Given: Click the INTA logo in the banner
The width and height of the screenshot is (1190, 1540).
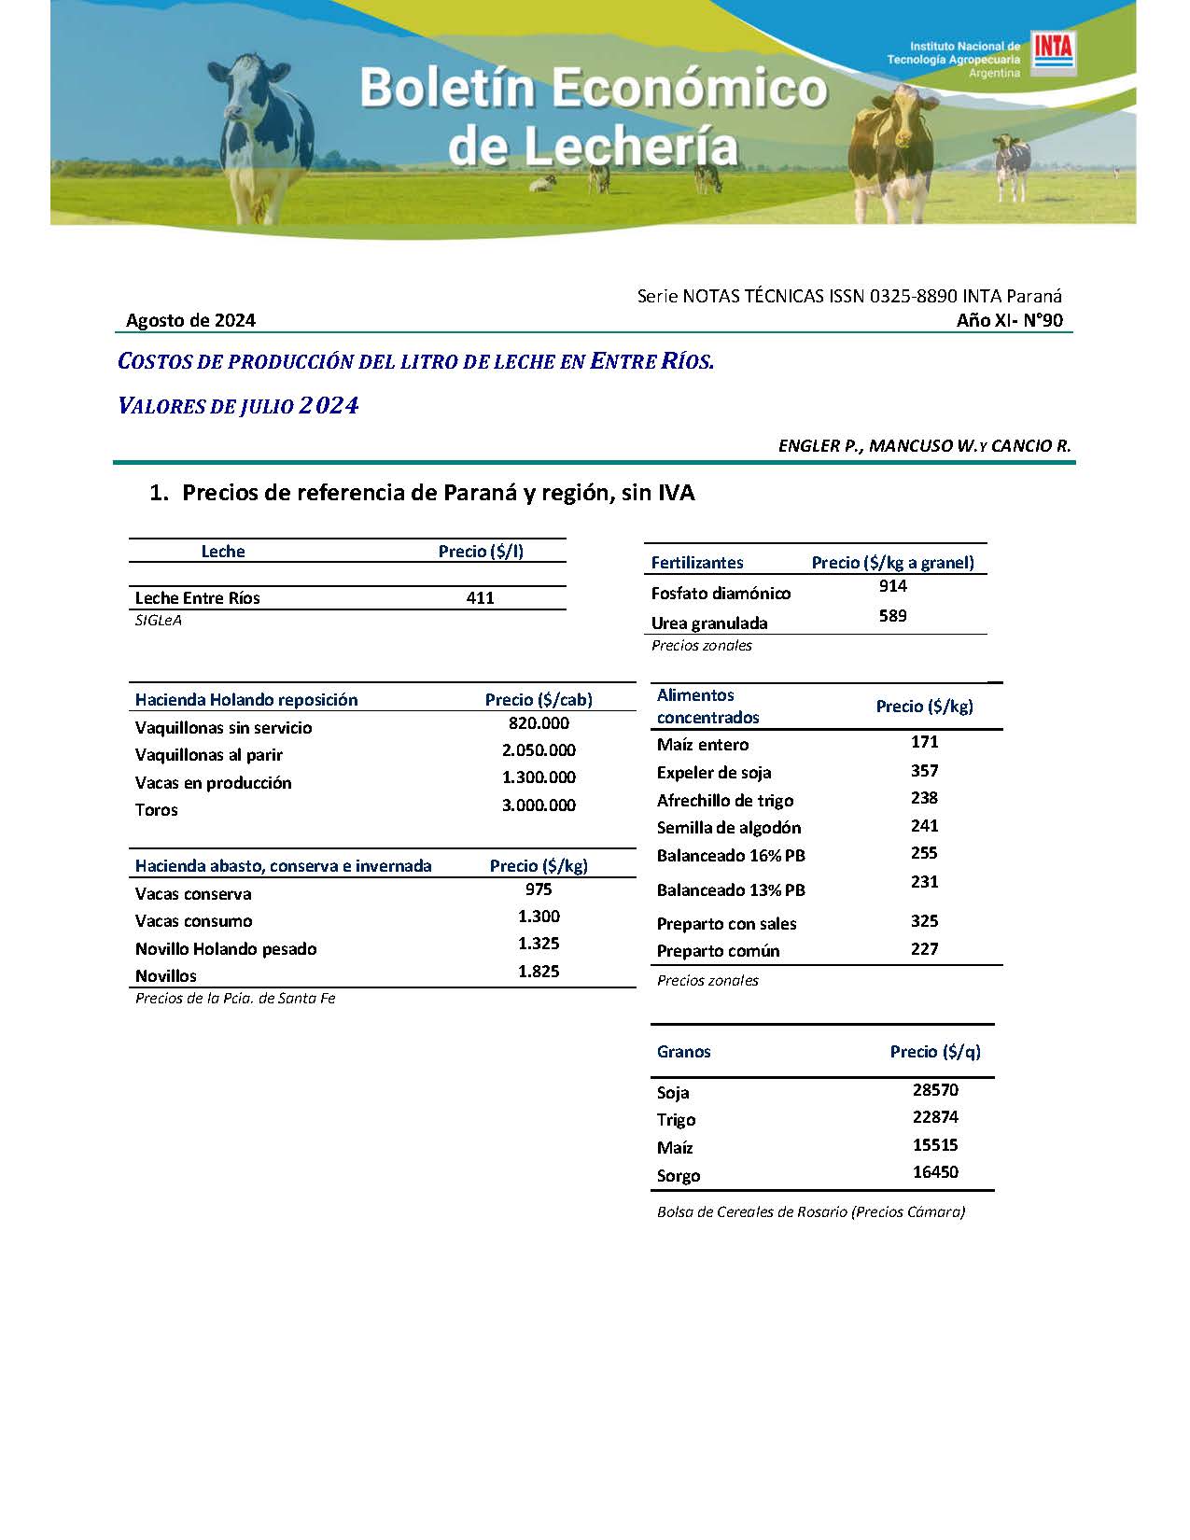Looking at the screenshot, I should [1053, 53].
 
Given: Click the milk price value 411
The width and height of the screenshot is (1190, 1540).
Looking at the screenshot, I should [480, 598].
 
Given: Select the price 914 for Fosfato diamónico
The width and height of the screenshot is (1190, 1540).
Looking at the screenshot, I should [892, 586].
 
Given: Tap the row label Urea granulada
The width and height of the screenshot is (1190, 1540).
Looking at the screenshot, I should [709, 623].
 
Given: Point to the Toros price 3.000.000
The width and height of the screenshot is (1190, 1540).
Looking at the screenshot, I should [539, 805].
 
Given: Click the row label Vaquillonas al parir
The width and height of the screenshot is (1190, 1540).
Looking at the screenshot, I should [209, 755].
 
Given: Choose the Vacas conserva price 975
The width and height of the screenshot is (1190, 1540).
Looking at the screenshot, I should [539, 889].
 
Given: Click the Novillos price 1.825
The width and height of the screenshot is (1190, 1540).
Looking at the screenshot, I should [539, 972].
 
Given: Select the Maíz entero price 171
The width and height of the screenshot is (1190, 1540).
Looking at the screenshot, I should [924, 742].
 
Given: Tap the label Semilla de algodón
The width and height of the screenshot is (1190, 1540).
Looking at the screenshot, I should [729, 828].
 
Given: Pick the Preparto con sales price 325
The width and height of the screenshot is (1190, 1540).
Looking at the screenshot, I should [924, 921].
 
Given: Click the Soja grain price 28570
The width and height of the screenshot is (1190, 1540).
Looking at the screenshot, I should [935, 1090].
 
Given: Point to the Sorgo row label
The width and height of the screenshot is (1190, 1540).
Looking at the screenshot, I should [679, 1176].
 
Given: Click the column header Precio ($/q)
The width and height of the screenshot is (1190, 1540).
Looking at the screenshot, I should [935, 1052].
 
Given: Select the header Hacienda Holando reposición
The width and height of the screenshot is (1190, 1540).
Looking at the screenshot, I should [246, 700].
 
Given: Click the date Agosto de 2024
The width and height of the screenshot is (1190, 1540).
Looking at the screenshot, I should [190, 321].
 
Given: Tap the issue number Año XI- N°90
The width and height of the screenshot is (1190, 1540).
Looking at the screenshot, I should [1009, 321].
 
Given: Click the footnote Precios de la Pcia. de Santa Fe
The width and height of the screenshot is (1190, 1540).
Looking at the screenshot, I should [235, 999].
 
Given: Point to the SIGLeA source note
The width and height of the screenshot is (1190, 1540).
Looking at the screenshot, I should [159, 621].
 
